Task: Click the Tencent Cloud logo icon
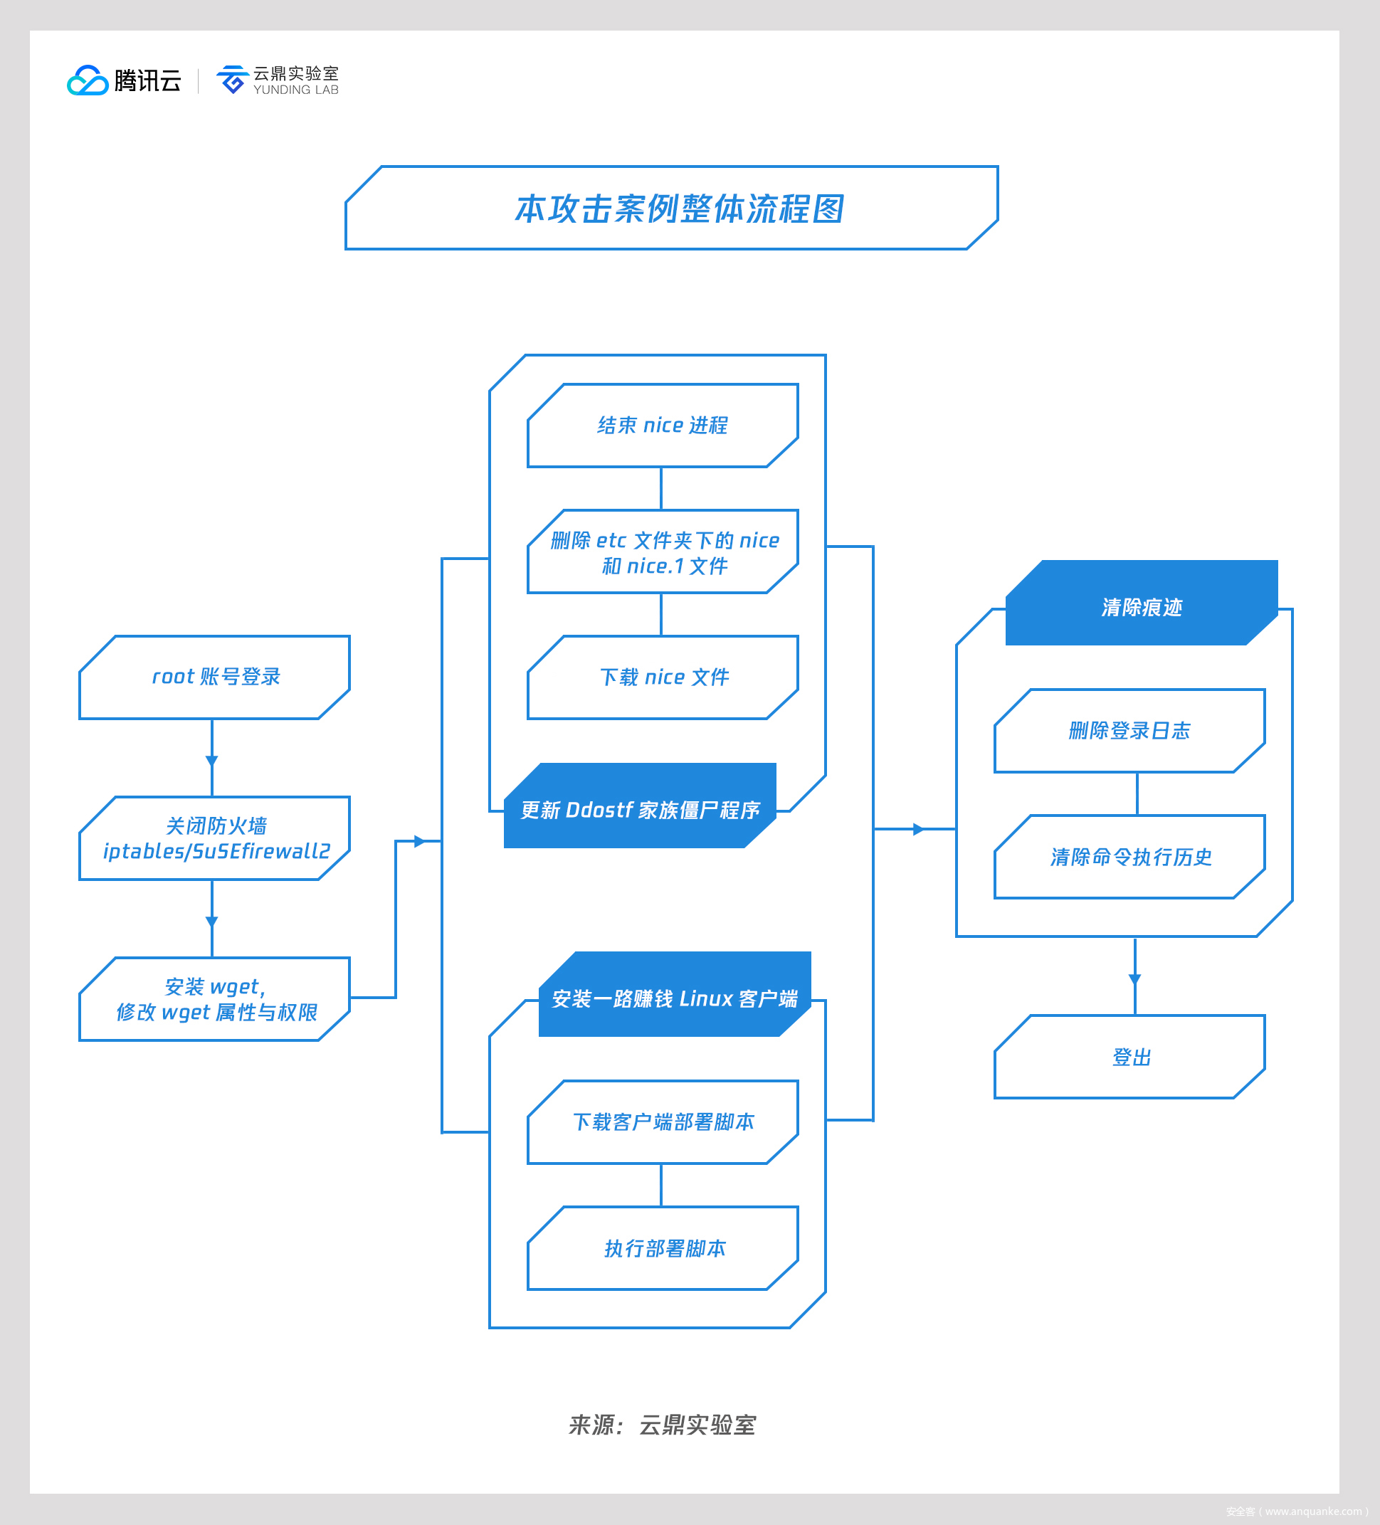coord(88,80)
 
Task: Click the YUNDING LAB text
coord(295,90)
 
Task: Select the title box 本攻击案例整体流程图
coord(672,208)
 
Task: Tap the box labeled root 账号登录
coord(215,677)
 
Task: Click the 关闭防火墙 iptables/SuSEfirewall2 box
coord(215,838)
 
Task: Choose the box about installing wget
coord(215,999)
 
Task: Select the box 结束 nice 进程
coord(663,425)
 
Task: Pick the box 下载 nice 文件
coord(663,677)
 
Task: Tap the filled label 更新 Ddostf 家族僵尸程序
coord(640,809)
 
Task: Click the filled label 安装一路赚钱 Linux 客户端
coord(674,998)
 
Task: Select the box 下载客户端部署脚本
coord(663,1122)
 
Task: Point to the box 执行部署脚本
coord(663,1248)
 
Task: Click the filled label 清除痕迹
coord(1141,607)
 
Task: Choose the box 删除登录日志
coord(1129,731)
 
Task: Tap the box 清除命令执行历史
coord(1129,857)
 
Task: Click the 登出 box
coord(1129,1057)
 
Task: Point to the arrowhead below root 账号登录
coord(212,760)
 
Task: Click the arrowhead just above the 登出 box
coord(1135,979)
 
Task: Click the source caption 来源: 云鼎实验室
coord(662,1425)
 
